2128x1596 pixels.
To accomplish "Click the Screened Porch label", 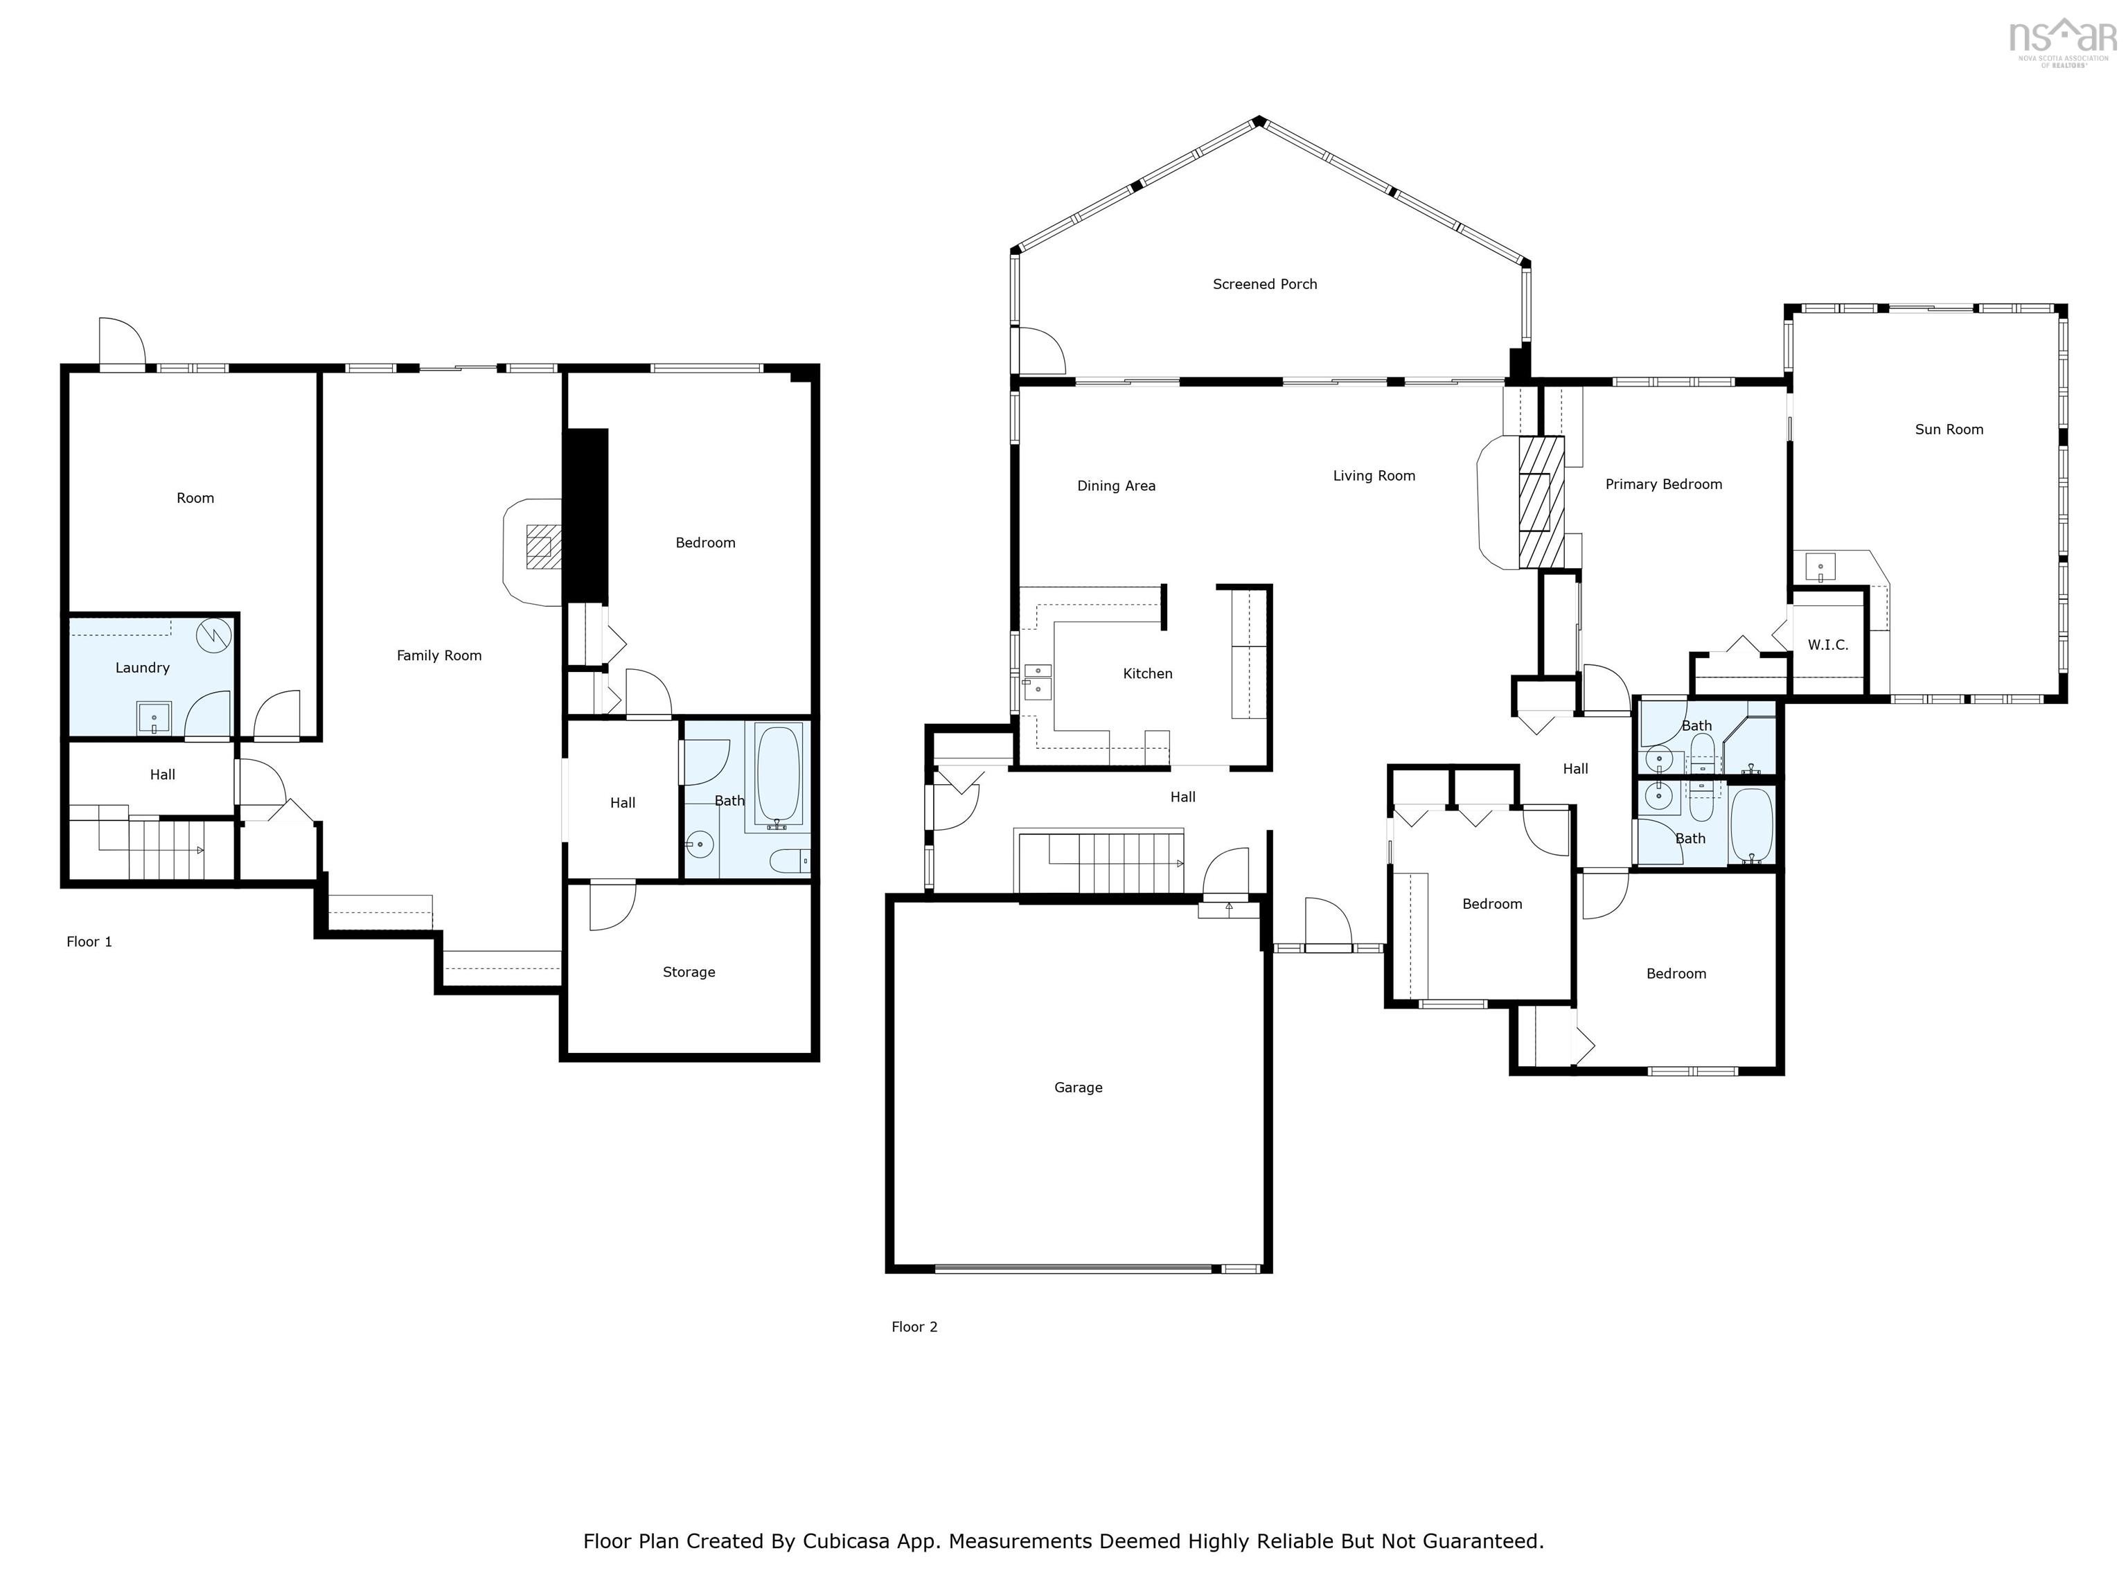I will (1264, 284).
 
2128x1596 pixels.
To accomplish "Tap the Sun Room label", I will (1948, 429).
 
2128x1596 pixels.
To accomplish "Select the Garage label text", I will (1077, 1087).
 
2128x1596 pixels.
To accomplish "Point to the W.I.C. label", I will (1827, 644).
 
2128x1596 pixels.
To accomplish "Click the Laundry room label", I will (143, 668).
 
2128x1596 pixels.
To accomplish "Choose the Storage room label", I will (688, 972).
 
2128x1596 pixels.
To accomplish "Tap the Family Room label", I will (438, 655).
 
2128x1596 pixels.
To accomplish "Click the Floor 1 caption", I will (89, 942).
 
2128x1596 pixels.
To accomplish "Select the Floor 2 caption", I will (913, 1327).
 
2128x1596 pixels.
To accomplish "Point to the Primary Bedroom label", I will (1662, 484).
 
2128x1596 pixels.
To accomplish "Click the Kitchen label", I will (1146, 673).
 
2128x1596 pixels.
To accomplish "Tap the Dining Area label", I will (1115, 486).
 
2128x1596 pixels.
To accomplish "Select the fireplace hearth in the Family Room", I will (532, 551).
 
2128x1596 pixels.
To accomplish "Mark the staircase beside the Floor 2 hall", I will (1116, 863).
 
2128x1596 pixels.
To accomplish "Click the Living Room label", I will (1373, 475).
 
